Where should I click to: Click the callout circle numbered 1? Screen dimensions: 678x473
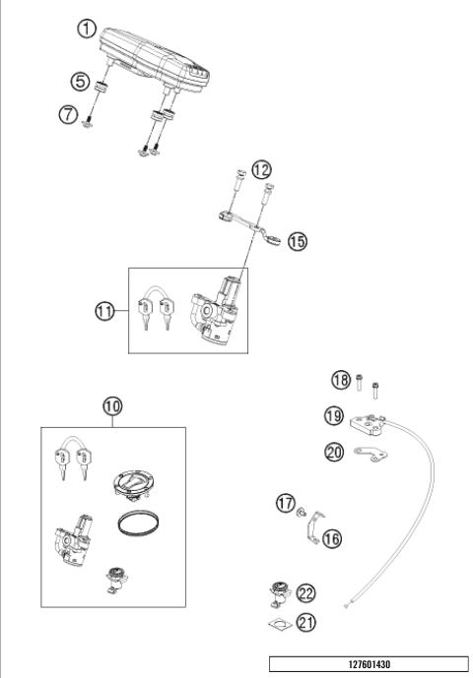coord(90,30)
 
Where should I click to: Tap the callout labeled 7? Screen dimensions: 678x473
coord(68,115)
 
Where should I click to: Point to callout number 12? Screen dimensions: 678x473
coord(261,169)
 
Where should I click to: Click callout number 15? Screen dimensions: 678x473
coord(297,240)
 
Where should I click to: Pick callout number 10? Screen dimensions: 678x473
coord(112,404)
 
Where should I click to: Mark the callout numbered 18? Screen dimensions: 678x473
coord(339,380)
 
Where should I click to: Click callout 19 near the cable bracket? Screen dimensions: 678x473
coord(335,416)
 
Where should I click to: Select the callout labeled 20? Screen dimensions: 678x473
coord(335,452)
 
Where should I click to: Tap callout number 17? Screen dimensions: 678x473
coord(285,504)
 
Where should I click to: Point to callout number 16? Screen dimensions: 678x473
coord(330,538)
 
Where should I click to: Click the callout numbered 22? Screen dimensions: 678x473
coord(305,592)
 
